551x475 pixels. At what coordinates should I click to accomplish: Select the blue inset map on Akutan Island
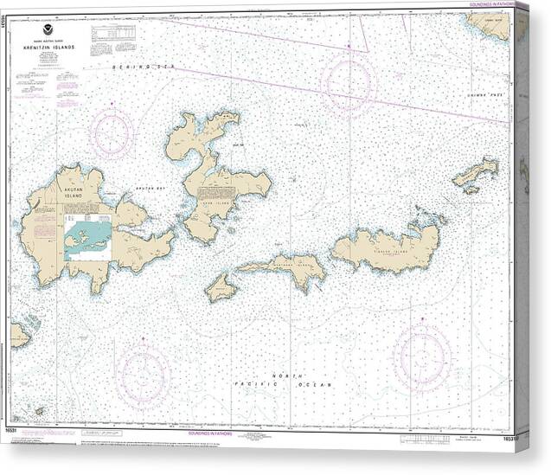point(87,238)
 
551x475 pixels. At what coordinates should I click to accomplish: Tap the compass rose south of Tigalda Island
point(421,357)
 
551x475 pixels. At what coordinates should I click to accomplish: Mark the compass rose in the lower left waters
point(143,375)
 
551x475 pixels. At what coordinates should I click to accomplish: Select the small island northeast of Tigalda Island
point(477,173)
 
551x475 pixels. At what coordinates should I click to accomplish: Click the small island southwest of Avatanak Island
point(221,288)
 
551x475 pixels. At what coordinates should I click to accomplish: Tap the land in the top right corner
point(493,24)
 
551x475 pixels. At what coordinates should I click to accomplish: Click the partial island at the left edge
point(19,333)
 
